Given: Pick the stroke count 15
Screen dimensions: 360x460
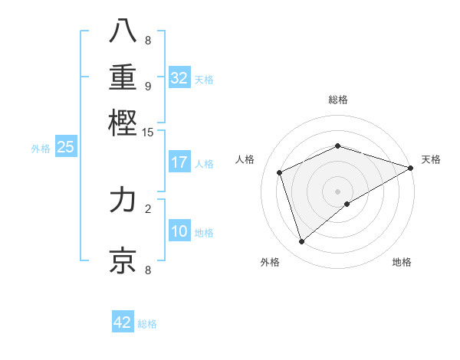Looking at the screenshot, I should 148,133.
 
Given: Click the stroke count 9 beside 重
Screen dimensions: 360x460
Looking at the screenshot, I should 148,86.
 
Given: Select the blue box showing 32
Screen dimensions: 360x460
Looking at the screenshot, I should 179,78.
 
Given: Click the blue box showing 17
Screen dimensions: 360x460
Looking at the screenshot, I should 179,162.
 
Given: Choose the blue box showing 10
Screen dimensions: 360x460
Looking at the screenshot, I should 179,232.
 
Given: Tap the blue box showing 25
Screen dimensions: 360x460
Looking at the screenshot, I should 66,148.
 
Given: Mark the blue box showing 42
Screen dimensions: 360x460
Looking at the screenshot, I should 123,322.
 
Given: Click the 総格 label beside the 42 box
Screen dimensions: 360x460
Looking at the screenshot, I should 147,324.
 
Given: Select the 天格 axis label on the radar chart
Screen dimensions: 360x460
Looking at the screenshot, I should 431,159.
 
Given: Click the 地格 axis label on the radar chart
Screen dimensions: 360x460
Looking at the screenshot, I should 402,262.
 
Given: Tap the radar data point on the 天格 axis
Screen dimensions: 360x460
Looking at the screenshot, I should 411,168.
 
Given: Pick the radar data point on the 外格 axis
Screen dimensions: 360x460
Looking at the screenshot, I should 301,242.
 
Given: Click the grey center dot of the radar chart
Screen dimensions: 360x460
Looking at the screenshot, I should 337,191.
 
